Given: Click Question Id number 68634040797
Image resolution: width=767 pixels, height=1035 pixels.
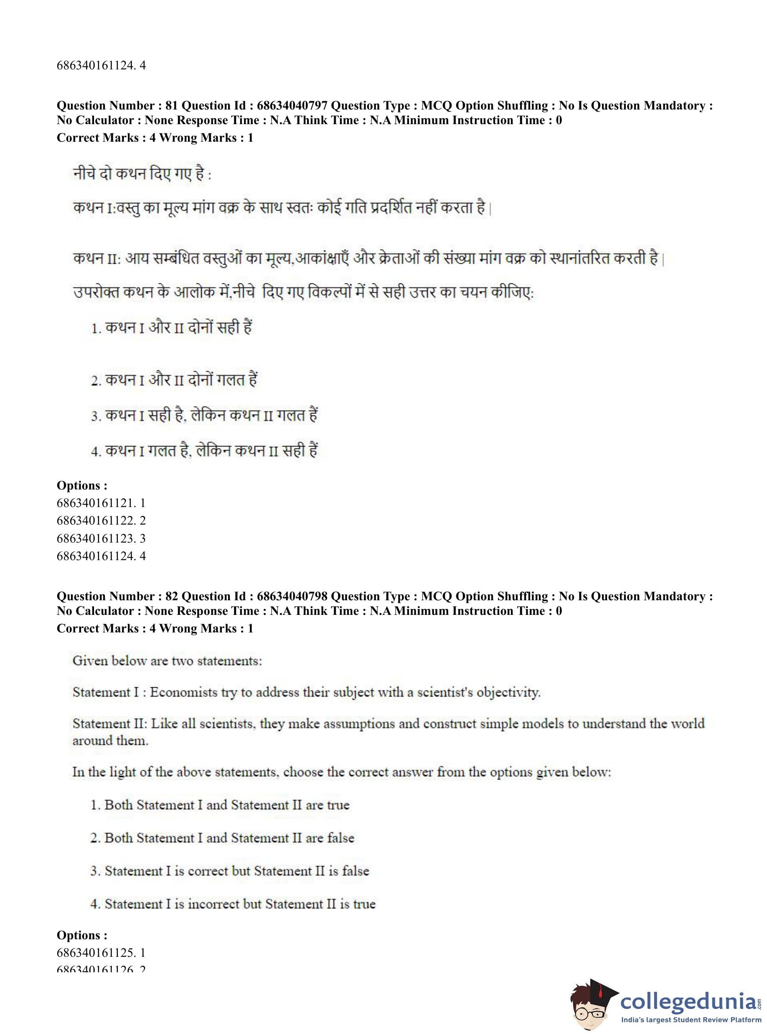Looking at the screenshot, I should coord(292,106).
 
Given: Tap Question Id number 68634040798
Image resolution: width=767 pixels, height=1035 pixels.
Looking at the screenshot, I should coord(292,597).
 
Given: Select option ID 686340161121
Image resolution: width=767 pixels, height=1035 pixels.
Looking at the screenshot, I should coord(96,502).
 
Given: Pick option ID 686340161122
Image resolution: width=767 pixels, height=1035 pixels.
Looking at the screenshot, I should coord(96,520).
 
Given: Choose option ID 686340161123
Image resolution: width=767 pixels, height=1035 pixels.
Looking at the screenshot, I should coord(96,538).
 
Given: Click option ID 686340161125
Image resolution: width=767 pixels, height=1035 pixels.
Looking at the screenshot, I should coord(96,953).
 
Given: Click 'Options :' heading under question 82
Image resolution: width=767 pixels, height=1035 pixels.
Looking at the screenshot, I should coord(82,935).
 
